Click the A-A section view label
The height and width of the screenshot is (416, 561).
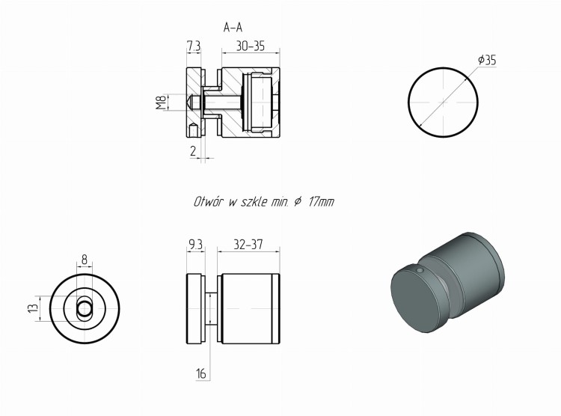233,27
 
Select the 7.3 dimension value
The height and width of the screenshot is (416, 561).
194,46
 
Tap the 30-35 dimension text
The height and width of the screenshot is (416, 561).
250,46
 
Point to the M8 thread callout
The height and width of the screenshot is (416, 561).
162,103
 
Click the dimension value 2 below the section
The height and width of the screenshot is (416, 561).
193,151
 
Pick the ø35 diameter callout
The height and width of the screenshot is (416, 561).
487,60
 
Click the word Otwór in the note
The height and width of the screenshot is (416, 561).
209,202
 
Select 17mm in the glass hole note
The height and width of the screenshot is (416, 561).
321,202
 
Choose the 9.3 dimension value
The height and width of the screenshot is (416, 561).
195,245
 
